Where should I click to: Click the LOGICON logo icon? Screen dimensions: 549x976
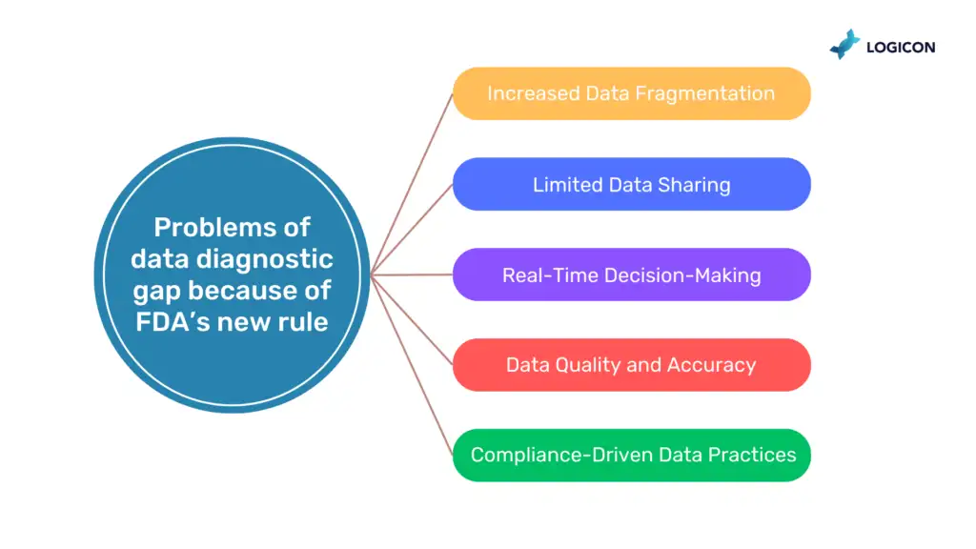(844, 44)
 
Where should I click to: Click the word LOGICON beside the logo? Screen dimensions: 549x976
(900, 46)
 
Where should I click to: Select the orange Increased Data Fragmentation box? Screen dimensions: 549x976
(631, 93)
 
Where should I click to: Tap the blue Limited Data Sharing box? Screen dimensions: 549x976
(631, 184)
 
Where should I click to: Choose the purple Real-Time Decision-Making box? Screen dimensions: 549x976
(631, 275)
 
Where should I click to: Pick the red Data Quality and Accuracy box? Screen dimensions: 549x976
(631, 365)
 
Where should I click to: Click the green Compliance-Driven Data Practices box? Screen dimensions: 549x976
(631, 456)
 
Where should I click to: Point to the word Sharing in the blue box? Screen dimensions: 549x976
(695, 185)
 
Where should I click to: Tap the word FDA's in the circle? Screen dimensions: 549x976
(173, 321)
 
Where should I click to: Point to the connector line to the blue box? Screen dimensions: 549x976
(413, 229)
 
